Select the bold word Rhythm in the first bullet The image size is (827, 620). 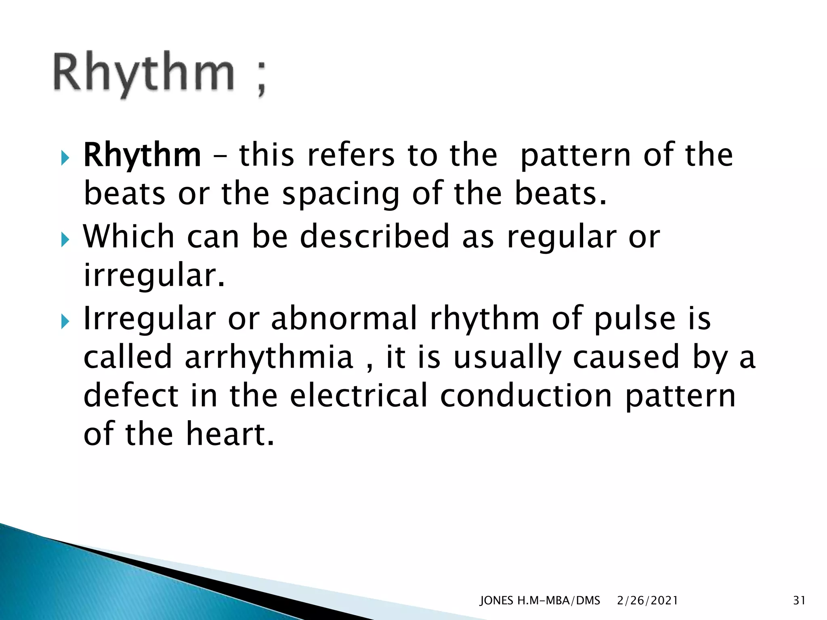click(x=142, y=155)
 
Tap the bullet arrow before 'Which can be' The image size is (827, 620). click(x=65, y=240)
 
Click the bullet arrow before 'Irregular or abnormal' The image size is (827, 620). click(x=65, y=322)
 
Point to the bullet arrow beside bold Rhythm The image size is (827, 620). click(x=65, y=158)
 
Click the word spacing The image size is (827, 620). click(x=340, y=195)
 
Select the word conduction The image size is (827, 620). click(x=526, y=396)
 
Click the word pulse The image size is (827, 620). click(x=635, y=319)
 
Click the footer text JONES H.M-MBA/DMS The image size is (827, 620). click(x=539, y=601)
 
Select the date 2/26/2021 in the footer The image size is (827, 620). click(x=647, y=601)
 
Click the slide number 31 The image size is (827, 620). click(x=799, y=601)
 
